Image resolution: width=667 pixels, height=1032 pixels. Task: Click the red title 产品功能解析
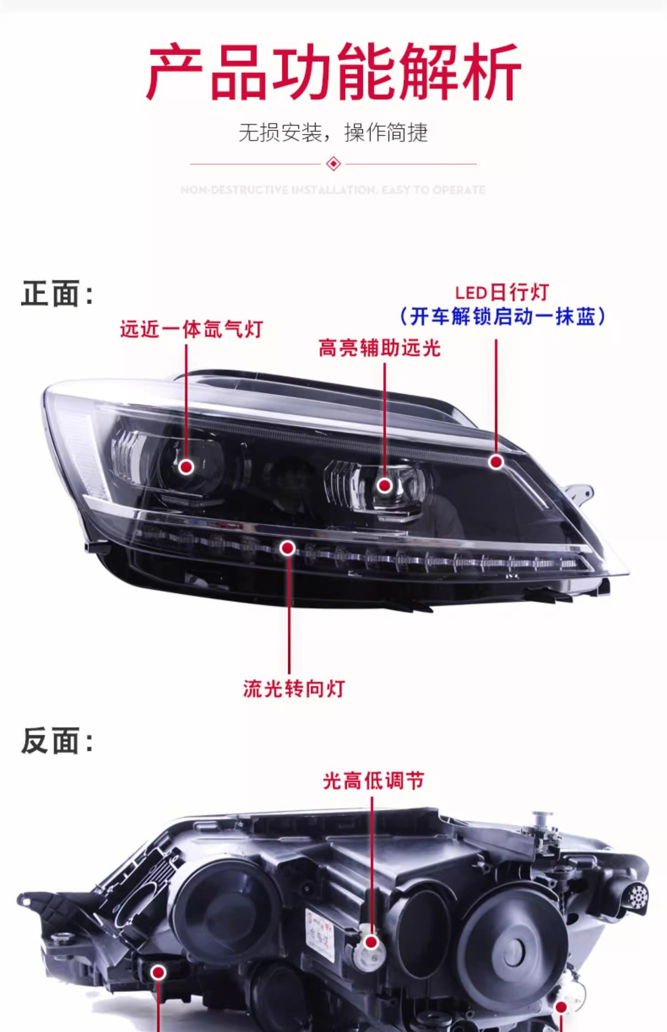coord(334,73)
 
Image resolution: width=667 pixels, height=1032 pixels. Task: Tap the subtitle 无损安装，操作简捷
coord(334,133)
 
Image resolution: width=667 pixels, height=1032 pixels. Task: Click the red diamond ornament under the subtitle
coord(334,163)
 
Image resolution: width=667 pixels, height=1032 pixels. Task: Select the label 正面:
coord(57,294)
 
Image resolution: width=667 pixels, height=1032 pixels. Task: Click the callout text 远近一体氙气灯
coord(191,329)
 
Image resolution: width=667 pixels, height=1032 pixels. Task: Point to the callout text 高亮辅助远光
coord(379,348)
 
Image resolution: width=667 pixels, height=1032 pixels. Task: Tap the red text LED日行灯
coord(502,293)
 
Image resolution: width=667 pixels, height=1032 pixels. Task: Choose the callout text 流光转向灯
coord(294,689)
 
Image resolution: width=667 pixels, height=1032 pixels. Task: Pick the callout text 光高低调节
coord(373,781)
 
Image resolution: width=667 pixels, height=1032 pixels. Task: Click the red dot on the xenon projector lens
coord(186,467)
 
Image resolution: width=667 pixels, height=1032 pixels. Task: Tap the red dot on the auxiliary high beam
coord(384,485)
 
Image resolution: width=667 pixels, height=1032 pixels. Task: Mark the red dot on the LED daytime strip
coord(496,462)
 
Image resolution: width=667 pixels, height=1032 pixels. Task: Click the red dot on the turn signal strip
coord(288,548)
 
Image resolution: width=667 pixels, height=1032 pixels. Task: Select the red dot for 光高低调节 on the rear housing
coord(371,942)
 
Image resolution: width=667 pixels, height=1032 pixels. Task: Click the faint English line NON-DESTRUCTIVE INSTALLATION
coord(334,190)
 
